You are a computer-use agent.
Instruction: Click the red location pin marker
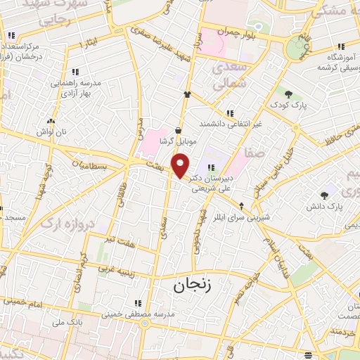coord(181,167)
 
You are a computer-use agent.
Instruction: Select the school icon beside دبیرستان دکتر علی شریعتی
coord(210,166)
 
